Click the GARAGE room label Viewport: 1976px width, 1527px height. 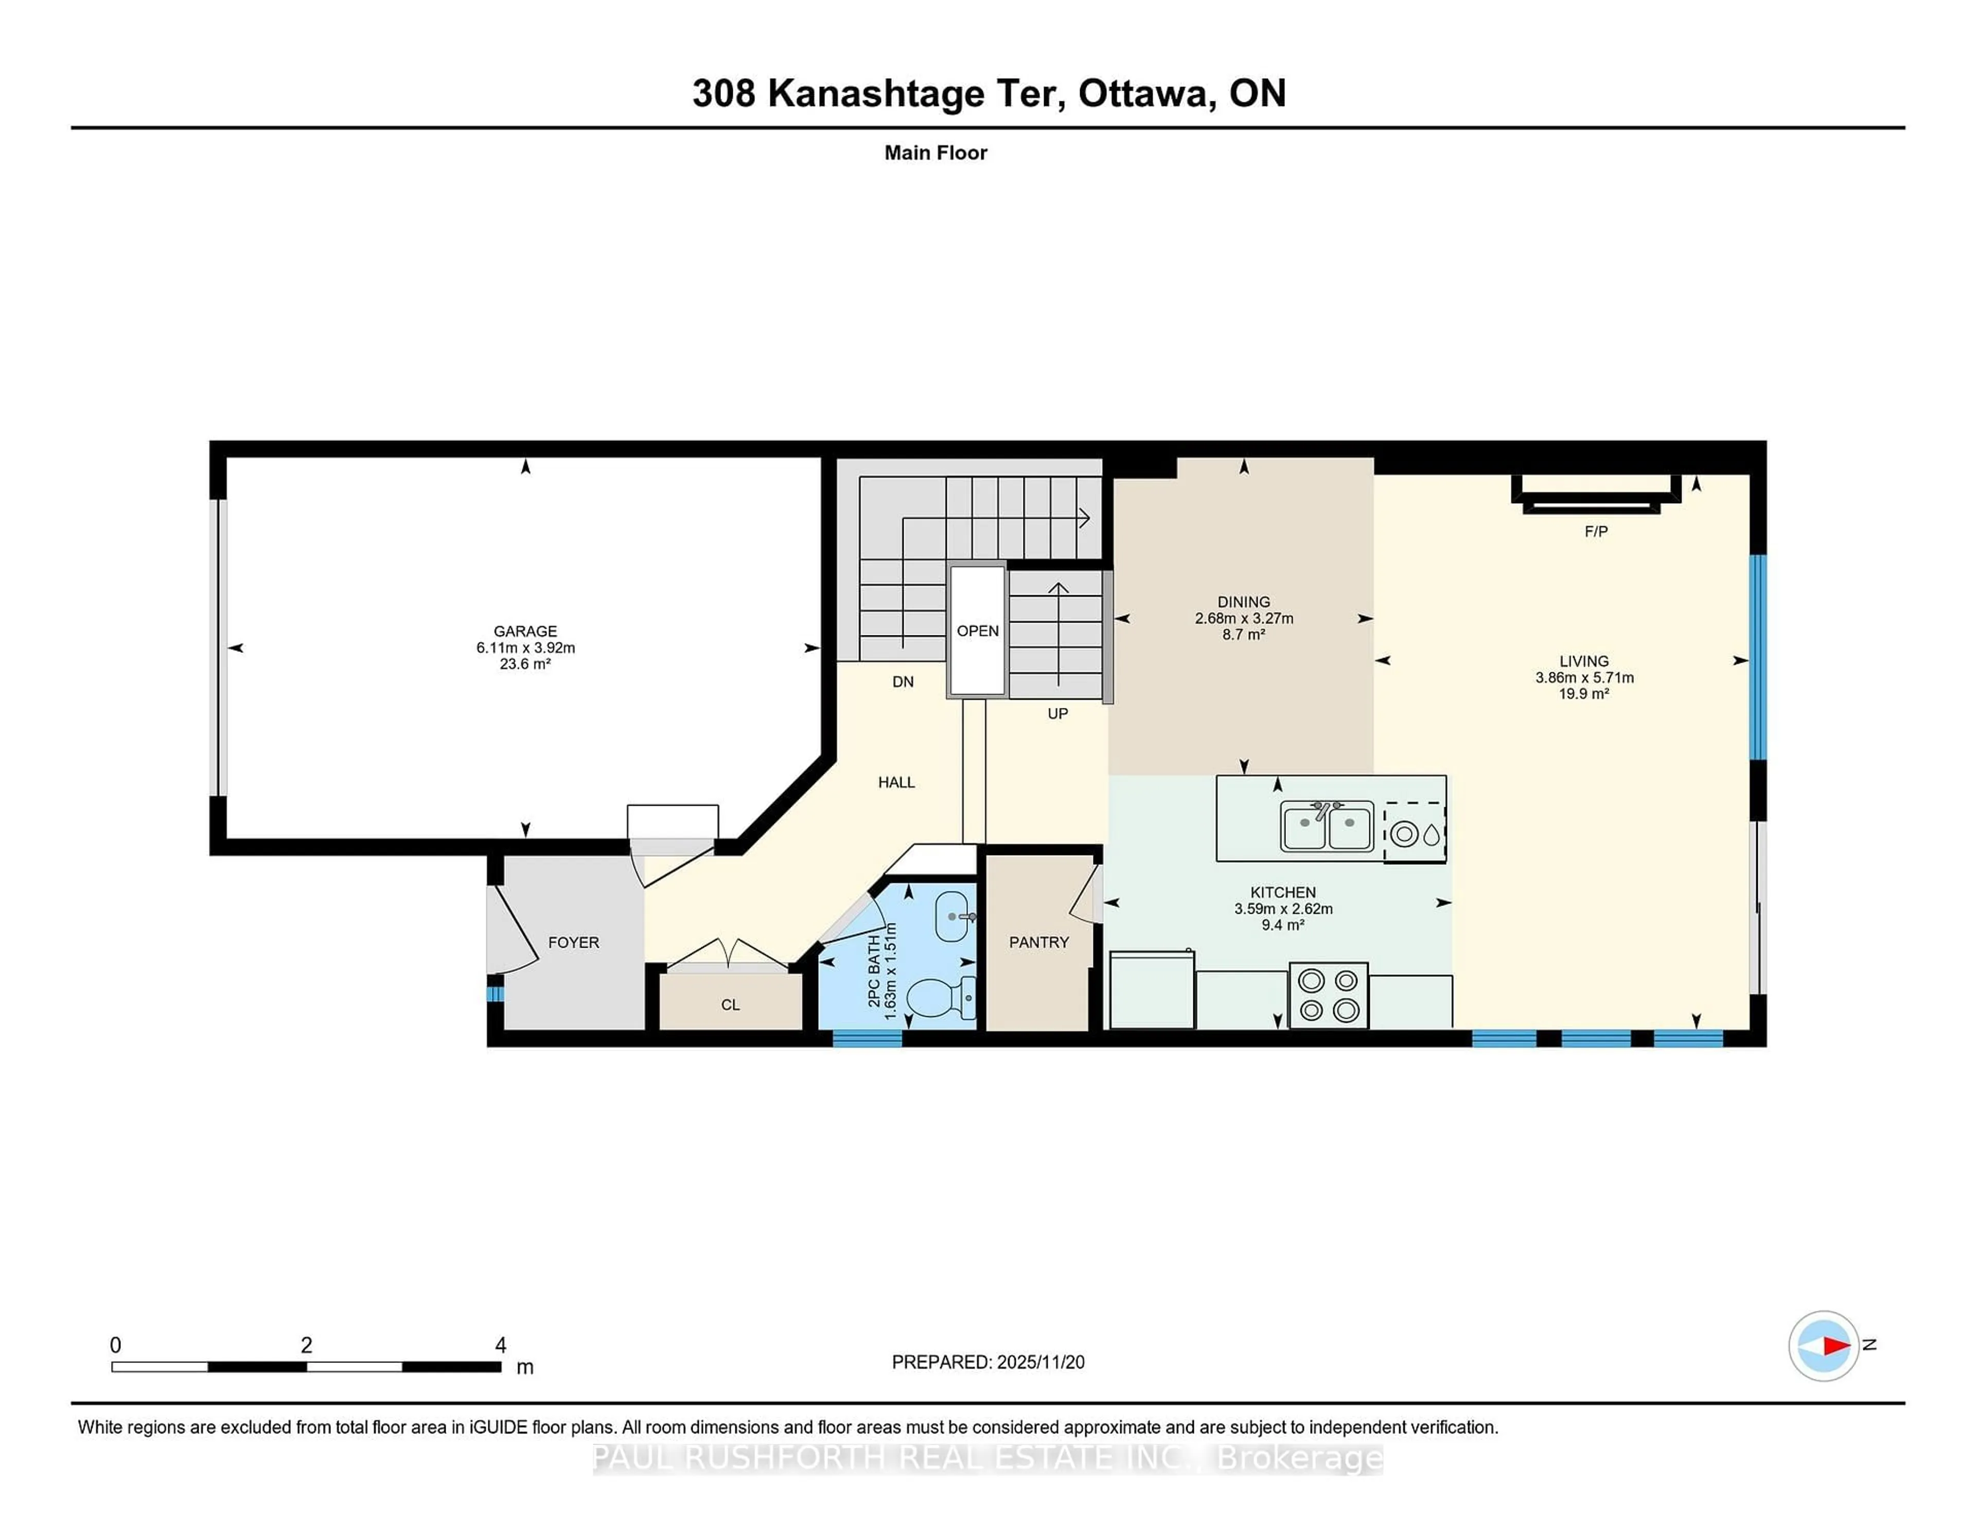[x=525, y=631]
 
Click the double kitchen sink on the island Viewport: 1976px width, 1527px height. [x=1327, y=827]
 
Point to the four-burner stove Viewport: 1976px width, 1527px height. [x=1328, y=995]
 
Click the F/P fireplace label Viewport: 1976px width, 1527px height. [x=1596, y=532]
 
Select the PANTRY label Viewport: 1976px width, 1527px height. [x=1038, y=943]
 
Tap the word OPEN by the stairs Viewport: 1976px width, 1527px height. [x=977, y=631]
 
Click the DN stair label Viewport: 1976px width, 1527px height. [x=902, y=682]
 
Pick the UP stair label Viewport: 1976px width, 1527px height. [x=1057, y=714]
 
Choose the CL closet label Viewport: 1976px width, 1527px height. [x=730, y=1005]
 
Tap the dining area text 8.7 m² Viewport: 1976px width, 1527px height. [x=1243, y=635]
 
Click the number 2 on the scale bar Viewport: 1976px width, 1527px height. [x=307, y=1345]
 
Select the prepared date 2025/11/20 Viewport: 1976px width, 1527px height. [x=1039, y=1362]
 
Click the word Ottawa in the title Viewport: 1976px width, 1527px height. [x=1142, y=93]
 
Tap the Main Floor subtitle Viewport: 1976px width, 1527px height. [x=936, y=153]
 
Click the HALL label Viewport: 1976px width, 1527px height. [x=896, y=783]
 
